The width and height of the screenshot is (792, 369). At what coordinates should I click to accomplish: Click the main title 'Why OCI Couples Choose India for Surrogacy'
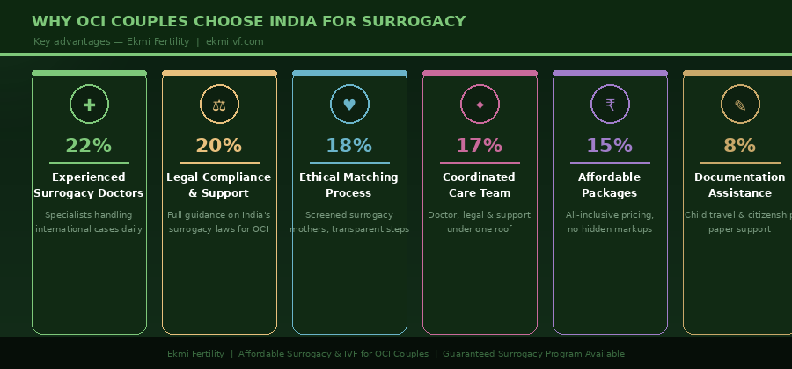[x=249, y=22]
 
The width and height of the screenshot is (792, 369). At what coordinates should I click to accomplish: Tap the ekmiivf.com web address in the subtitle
[x=234, y=41]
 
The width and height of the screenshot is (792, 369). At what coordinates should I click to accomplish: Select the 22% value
[x=89, y=146]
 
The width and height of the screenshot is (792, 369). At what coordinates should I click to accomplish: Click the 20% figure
[x=219, y=146]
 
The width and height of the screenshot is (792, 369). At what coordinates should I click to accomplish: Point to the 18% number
[x=349, y=146]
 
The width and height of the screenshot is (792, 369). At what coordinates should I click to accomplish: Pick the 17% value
[x=480, y=146]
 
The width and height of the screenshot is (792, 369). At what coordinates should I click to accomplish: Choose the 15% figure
[x=610, y=146]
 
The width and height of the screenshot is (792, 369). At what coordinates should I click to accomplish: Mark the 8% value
[x=740, y=146]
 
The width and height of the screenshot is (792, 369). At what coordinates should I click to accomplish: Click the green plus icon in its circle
[x=89, y=105]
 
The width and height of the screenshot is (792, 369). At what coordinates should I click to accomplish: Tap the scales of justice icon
[x=219, y=105]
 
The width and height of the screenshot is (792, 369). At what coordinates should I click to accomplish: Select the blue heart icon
[x=349, y=105]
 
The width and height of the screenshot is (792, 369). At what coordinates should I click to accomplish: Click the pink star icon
[x=480, y=105]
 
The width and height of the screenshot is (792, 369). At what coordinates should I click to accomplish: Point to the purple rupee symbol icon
[x=610, y=105]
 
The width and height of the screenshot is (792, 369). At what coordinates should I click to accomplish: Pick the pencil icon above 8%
[x=740, y=105]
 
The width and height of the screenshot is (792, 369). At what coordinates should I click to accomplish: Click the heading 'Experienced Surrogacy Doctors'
[x=89, y=185]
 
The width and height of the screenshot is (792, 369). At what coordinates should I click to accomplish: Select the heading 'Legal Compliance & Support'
[x=219, y=185]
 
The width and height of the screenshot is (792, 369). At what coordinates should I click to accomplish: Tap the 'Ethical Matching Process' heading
[x=349, y=185]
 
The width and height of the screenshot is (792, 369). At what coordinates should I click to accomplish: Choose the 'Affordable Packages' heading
[x=610, y=185]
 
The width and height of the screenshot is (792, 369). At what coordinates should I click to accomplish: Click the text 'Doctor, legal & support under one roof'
[x=480, y=222]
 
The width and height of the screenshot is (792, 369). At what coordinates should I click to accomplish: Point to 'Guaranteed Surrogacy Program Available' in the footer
[x=533, y=354]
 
